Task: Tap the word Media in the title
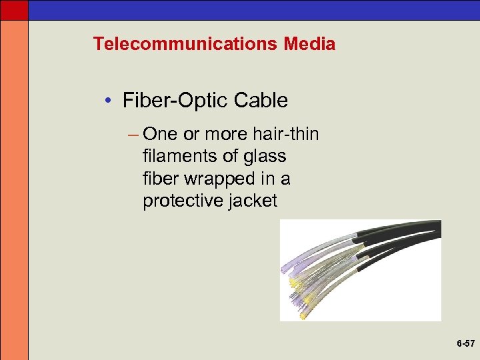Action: pyautogui.click(x=309, y=44)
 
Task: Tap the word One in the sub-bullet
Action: pyautogui.click(x=160, y=134)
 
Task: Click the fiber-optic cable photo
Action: pyautogui.click(x=360, y=270)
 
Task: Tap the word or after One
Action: pyautogui.click(x=191, y=134)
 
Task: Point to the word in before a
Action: pyautogui.click(x=273, y=179)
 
